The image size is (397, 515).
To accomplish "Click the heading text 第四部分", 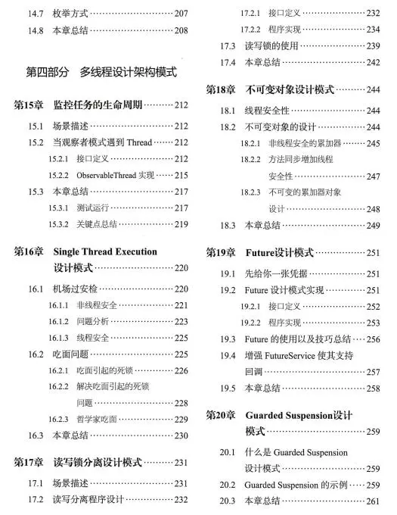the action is tap(45, 73).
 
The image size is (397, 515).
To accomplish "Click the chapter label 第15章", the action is tap(30, 105).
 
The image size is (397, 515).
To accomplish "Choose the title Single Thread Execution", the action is tap(105, 251).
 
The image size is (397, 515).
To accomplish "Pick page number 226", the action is tap(180, 371).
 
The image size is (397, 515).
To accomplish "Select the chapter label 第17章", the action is tap(30, 461).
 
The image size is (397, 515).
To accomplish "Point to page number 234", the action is tap(372, 29).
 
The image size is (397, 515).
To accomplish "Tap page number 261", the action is tap(372, 501).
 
